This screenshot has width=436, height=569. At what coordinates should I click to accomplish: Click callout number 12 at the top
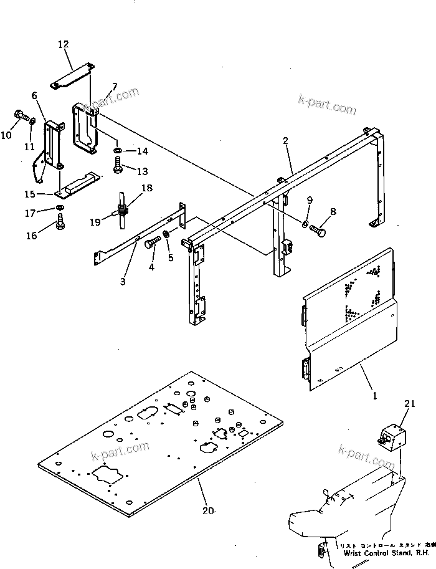[x=64, y=44]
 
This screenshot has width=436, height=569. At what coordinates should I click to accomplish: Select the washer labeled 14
[x=118, y=151]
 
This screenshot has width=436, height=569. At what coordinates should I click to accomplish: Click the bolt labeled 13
[x=118, y=165]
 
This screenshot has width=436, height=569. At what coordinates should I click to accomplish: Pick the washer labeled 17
[x=59, y=207]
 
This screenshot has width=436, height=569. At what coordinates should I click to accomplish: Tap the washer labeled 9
[x=305, y=224]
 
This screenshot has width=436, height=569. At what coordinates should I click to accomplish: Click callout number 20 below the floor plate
[x=208, y=510]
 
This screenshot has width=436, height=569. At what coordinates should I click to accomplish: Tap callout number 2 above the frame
[x=285, y=141]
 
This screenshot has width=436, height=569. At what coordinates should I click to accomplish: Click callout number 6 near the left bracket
[x=34, y=95]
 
